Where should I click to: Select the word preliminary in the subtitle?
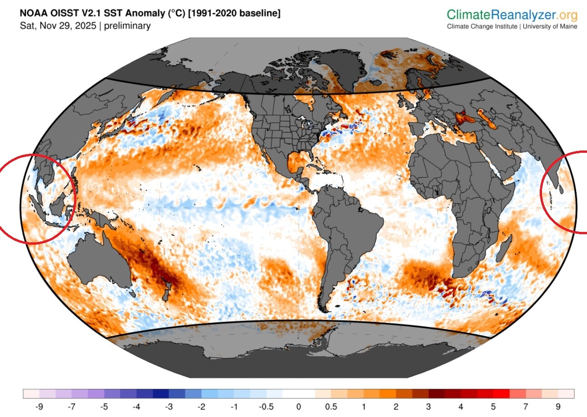127,25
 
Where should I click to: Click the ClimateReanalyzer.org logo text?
512,15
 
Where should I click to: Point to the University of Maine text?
550,26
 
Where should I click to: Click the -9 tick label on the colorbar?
39,406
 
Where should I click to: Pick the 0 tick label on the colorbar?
298,406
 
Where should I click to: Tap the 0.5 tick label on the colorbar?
331,406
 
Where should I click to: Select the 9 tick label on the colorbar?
558,406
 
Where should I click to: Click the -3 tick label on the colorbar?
169,406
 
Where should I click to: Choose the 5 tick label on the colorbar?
493,406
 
